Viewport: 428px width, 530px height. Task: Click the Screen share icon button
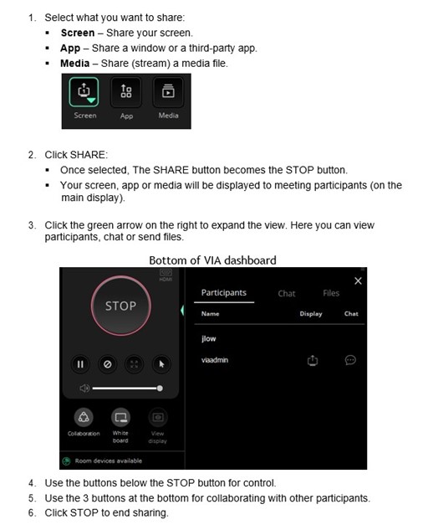pos(84,93)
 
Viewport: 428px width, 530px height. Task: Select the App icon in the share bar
pos(126,93)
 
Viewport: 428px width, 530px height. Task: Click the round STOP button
pos(120,306)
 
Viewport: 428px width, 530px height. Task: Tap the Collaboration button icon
pos(84,416)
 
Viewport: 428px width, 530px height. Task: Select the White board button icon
pos(120,416)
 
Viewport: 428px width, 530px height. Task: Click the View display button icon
pos(157,416)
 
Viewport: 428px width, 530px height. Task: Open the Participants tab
pos(224,294)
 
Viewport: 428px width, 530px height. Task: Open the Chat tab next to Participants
pos(287,294)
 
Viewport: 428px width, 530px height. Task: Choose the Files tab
pos(331,294)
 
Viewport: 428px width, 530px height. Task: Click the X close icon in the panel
pos(358,280)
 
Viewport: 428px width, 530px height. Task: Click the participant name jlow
pos(209,339)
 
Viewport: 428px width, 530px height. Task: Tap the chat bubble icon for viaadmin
pos(350,360)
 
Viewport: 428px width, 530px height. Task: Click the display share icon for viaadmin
pos(311,360)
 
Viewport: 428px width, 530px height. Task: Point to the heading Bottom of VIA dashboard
pos(212,260)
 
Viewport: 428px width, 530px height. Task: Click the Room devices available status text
pos(109,461)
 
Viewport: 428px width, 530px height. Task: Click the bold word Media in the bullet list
pos(75,63)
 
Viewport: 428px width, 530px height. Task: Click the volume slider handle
pos(160,388)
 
